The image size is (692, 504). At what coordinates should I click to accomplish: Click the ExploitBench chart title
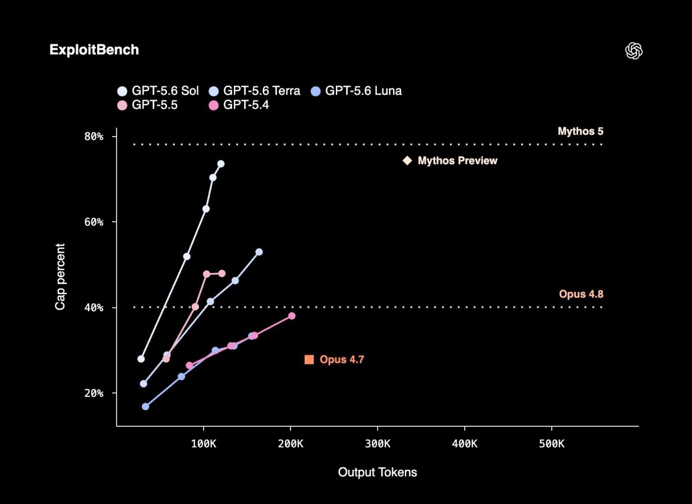coord(94,50)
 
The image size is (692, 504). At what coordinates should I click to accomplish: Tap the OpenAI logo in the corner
coord(634,50)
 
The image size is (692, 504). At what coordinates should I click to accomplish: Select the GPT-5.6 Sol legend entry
coord(158,91)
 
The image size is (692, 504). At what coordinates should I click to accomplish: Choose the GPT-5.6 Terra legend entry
coord(254,91)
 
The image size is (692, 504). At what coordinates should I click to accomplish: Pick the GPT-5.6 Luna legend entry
coord(356,91)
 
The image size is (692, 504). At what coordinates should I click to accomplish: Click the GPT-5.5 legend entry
coord(147,105)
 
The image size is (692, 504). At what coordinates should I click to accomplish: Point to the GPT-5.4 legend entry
coord(239,105)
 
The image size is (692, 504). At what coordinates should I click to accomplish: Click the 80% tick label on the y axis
coord(94,136)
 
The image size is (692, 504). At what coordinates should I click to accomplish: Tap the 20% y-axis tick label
coord(94,393)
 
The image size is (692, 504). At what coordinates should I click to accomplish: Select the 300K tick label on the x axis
coord(377,444)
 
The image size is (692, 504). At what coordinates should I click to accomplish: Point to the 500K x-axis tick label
coord(552,444)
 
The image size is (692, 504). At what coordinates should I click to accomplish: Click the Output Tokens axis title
coord(377,472)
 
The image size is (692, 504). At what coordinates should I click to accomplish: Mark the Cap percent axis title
coord(60,277)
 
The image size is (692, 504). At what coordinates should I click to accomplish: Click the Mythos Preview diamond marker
coord(408,161)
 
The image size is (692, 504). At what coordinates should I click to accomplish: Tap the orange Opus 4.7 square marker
coord(309,360)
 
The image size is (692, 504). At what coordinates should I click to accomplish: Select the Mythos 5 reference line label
coord(580,132)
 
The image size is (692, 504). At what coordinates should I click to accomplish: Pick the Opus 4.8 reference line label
coord(581,294)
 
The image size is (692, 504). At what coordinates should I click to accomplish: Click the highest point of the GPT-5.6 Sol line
coord(221,164)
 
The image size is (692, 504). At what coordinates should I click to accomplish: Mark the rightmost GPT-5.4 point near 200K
coord(292,316)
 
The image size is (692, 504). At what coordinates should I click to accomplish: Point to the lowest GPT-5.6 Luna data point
coord(145,407)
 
